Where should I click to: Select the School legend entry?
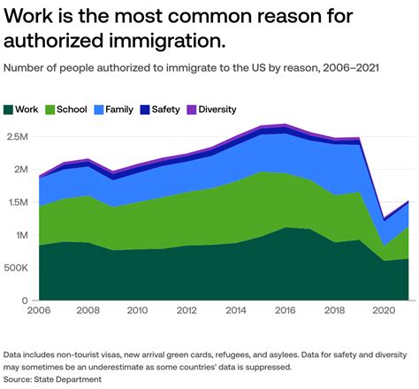(70, 110)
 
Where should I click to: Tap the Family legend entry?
(119, 110)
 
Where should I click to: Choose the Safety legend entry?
(165, 110)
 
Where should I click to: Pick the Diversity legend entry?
(216, 110)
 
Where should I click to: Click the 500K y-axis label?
(18, 268)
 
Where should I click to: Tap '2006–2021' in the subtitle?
(348, 68)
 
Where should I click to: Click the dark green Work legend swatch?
(9, 110)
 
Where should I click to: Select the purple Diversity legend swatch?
(191, 110)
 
